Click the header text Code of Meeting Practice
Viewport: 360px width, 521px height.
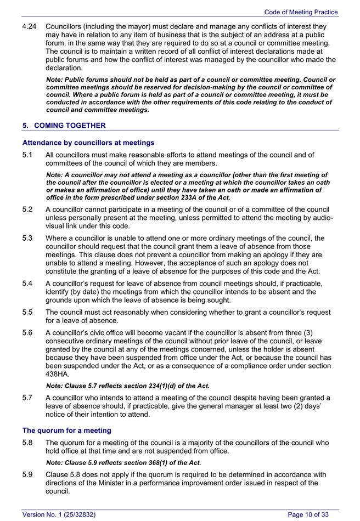point(301,12)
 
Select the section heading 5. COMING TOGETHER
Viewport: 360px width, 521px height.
point(64,126)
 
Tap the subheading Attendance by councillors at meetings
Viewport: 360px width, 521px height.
point(88,143)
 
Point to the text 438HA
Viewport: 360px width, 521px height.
point(57,374)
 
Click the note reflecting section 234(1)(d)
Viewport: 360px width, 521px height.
point(128,386)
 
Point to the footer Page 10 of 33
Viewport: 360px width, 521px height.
point(308,514)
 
